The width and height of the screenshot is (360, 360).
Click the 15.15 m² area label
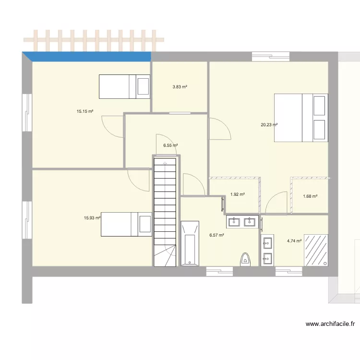pyautogui.click(x=84, y=112)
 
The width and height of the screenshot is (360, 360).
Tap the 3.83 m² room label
pyautogui.click(x=180, y=87)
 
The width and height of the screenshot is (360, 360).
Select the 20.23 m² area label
pyautogui.click(x=269, y=125)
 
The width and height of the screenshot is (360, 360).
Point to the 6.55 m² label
pyautogui.click(x=170, y=145)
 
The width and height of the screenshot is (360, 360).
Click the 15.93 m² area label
pyautogui.click(x=92, y=218)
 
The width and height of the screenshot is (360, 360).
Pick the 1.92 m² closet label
pyautogui.click(x=238, y=194)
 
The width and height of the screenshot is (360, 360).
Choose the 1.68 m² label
pyautogui.click(x=310, y=196)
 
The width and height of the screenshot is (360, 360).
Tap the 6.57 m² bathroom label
pyautogui.click(x=216, y=235)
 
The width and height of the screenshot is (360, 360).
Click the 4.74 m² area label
pyautogui.click(x=294, y=241)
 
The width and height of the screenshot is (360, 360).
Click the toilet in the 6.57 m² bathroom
pyautogui.click(x=245, y=259)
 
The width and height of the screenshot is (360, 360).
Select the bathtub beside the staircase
pyautogui.click(x=189, y=243)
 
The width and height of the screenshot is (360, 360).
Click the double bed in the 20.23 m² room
pyautogui.click(x=301, y=118)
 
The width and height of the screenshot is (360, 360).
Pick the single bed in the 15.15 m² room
pyautogui.click(x=125, y=86)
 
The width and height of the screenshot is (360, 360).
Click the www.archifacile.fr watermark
pyautogui.click(x=330, y=324)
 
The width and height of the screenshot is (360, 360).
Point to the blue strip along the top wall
pyautogui.click(x=89, y=57)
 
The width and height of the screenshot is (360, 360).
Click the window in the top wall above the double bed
pyautogui.click(x=271, y=56)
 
